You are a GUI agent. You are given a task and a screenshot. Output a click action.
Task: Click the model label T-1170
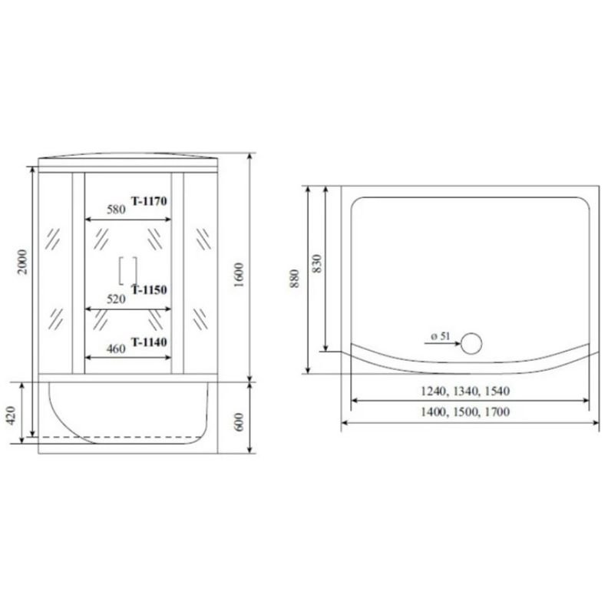(149, 201)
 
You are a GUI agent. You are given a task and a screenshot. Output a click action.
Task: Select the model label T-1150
(149, 289)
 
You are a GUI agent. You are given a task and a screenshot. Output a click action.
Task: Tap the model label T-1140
(149, 342)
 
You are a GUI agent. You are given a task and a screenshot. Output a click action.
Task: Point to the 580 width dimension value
(117, 210)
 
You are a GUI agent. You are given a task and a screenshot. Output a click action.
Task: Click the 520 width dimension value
(117, 299)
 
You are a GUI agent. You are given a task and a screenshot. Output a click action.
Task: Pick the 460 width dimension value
(117, 349)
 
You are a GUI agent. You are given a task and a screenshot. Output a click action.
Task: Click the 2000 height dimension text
(23, 262)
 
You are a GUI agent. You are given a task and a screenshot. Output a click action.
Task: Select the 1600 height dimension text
(239, 275)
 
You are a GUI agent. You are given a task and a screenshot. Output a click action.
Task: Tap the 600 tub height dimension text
(239, 422)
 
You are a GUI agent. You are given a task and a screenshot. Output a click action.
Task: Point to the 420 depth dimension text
(12, 415)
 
